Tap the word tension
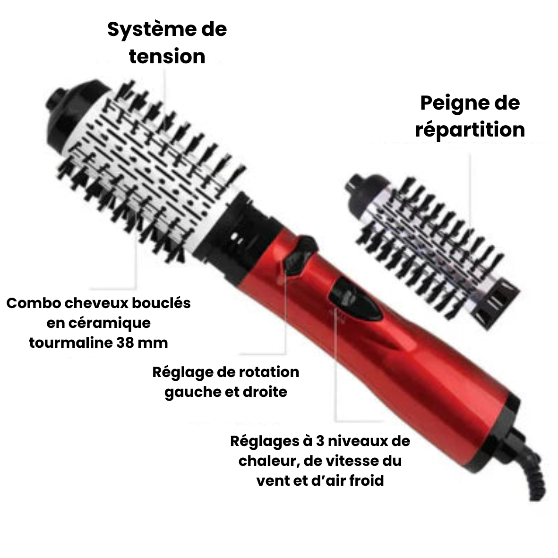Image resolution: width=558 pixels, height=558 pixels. click(x=167, y=57)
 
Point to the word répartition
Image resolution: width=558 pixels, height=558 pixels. click(x=470, y=129)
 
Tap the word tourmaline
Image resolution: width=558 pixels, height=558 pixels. click(x=69, y=343)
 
